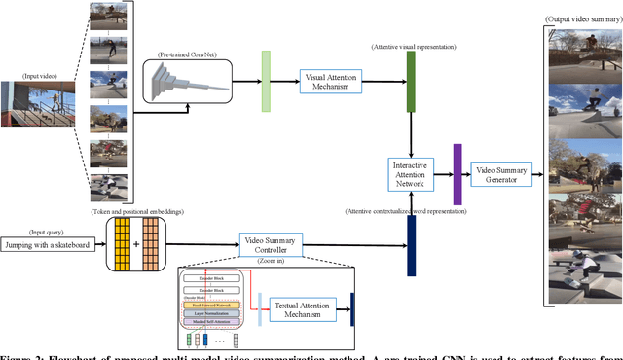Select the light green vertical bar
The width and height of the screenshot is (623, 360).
(266, 79)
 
